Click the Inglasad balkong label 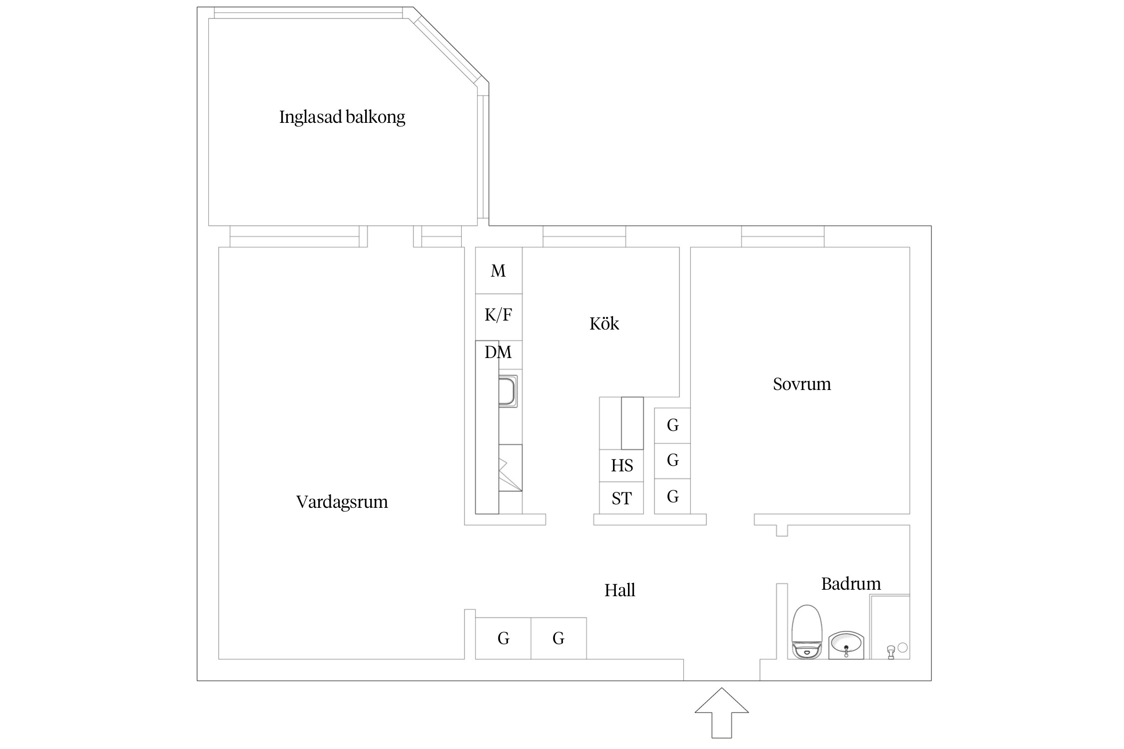[342, 117]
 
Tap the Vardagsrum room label [342, 501]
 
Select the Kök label [604, 324]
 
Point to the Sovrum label [802, 383]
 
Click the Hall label [619, 590]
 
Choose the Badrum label [851, 583]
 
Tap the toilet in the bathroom [807, 632]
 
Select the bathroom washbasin [846, 645]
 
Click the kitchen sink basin [508, 391]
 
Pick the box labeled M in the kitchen [498, 270]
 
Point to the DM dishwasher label [498, 352]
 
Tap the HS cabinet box [621, 465]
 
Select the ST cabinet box [621, 498]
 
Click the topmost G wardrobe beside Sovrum [672, 425]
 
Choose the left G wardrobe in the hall [503, 638]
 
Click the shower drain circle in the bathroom [902, 647]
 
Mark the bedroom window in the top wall [782, 236]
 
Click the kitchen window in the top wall [584, 236]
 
